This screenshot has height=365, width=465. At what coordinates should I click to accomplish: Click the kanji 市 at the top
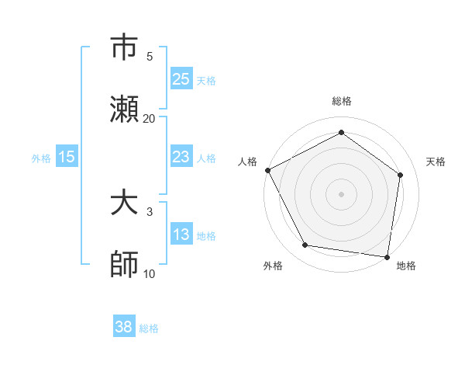(125, 48)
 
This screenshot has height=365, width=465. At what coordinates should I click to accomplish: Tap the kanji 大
(125, 203)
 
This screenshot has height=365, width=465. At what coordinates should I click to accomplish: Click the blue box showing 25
(181, 78)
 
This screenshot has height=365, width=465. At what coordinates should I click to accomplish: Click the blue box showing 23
(181, 157)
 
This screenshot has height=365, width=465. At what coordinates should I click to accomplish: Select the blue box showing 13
(181, 235)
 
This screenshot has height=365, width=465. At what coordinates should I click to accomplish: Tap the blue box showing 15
(67, 157)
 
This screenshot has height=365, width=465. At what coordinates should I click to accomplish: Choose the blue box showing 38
(124, 327)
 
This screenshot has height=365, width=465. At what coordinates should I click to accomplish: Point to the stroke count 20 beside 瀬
(150, 118)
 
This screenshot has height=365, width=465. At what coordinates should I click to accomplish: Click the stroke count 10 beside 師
(150, 273)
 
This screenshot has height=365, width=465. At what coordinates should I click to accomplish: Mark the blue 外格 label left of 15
(41, 158)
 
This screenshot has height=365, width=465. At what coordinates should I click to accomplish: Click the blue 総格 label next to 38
(149, 328)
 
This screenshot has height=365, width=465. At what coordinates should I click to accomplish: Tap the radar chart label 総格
(341, 101)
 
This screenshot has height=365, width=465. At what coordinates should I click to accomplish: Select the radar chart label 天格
(436, 162)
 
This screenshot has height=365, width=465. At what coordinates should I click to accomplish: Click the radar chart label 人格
(247, 162)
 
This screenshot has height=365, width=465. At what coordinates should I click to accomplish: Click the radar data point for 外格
(305, 245)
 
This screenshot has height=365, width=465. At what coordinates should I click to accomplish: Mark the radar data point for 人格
(267, 170)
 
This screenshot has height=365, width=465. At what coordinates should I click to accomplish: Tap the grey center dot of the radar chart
(341, 193)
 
